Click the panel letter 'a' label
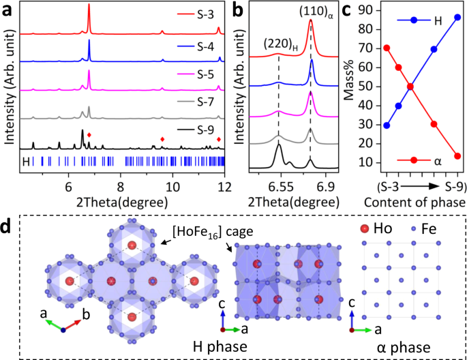coord(7,8)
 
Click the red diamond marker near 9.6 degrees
coord(162,140)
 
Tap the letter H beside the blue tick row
coord(27,162)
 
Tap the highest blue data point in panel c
coord(457,17)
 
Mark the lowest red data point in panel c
coord(457,156)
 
